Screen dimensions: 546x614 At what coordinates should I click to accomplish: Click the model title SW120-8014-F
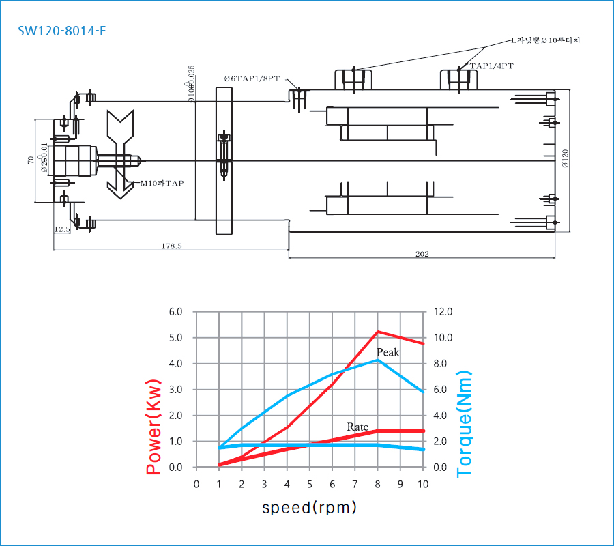pos(62,31)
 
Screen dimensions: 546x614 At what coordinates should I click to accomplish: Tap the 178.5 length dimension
pos(171,246)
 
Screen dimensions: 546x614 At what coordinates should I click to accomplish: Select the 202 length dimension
pos(422,255)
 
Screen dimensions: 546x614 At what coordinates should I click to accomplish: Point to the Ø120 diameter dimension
pos(565,159)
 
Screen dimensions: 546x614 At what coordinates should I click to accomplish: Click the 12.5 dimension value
pos(62,230)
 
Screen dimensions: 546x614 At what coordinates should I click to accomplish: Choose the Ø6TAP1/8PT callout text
pos(252,78)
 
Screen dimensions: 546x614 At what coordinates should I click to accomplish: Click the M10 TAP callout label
pos(162,183)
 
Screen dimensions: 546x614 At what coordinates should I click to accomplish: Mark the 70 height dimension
pos(31,160)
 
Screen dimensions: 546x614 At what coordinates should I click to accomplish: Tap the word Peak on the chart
pos(388,352)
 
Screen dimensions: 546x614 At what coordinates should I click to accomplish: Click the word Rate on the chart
pos(357,427)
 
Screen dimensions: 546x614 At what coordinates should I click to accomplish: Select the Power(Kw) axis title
pos(155,426)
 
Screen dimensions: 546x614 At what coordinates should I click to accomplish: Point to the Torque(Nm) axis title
pos(465,425)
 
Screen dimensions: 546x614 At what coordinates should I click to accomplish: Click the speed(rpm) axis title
pos(309,508)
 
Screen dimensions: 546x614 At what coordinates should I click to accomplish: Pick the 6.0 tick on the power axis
pos(175,312)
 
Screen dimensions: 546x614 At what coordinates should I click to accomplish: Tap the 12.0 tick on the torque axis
pos(443,312)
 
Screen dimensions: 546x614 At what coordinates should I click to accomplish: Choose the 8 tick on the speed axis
pos(377,485)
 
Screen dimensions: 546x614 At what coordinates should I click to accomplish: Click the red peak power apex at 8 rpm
pos(377,332)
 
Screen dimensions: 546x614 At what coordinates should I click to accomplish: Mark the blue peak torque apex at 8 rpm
pos(377,360)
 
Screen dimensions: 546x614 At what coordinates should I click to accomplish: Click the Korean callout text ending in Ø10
pos(545,40)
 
